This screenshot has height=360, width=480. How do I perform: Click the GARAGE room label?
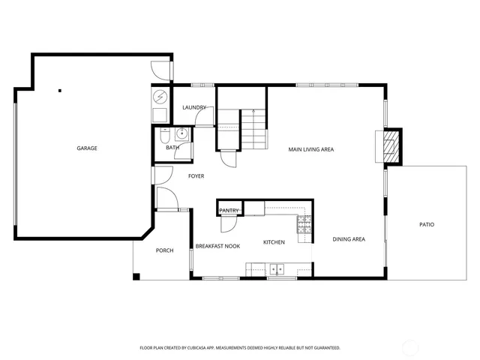tap(86, 148)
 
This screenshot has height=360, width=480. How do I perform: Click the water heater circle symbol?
tap(160, 97)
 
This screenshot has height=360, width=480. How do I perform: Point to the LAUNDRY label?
tap(194, 108)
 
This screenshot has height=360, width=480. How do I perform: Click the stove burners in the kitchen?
tap(304, 224)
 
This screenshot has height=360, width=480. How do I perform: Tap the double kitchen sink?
tap(277, 267)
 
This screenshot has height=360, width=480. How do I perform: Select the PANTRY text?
tap(229, 211)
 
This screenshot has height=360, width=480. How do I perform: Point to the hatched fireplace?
tap(391, 145)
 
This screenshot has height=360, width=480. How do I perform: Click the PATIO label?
tap(426, 225)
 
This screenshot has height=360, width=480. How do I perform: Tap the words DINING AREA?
tap(349, 239)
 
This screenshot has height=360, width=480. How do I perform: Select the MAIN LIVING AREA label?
tap(311, 149)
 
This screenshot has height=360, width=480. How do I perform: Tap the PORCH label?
tap(164, 250)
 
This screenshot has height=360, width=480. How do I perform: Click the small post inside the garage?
tap(59, 91)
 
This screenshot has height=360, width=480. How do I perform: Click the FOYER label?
tap(196, 176)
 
